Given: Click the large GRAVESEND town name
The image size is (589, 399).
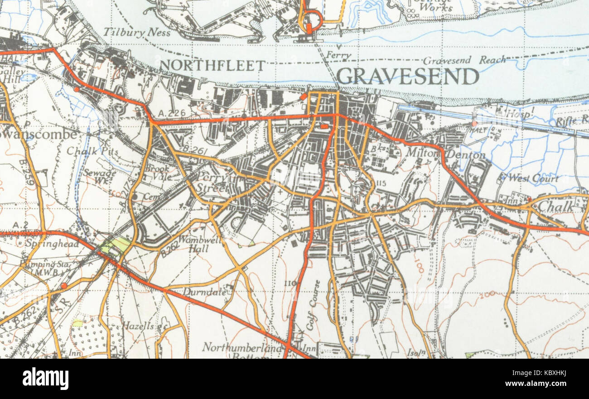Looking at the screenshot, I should click(x=407, y=77).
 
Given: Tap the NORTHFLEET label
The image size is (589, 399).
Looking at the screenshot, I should click(x=212, y=66).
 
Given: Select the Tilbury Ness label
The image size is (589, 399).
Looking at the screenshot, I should click(x=137, y=33).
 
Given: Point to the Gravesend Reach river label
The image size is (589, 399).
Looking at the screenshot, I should click(x=464, y=60).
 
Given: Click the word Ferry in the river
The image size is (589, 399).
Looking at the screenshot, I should click(x=340, y=56).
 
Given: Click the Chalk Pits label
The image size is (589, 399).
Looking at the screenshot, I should click(x=92, y=151).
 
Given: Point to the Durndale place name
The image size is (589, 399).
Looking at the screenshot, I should click(x=205, y=293).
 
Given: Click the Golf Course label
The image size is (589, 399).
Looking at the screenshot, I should click(x=313, y=305).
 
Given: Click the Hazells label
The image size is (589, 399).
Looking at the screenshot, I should click(x=138, y=326).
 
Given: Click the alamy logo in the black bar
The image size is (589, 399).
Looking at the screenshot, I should click(x=45, y=379).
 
